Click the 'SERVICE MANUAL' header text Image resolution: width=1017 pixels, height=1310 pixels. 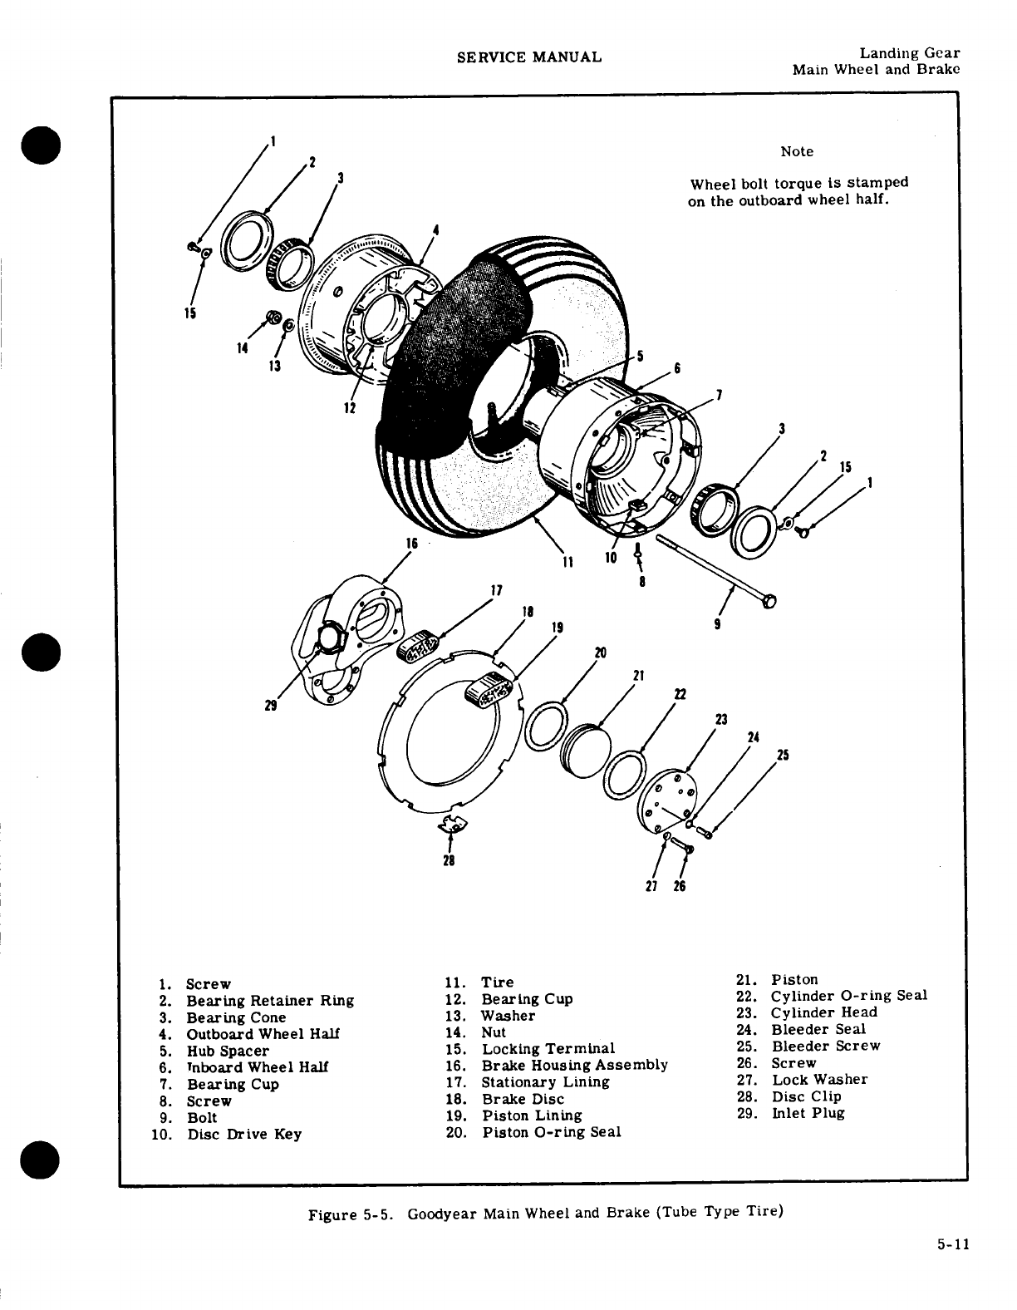[528, 57]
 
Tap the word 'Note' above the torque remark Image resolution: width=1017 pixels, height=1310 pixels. [797, 151]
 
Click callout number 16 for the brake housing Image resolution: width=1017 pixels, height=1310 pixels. [410, 543]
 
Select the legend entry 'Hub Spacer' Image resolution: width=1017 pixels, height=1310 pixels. [227, 1051]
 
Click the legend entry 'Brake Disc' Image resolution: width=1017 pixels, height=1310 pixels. [523, 1099]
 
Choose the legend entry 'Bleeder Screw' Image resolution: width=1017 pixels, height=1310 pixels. [826, 1046]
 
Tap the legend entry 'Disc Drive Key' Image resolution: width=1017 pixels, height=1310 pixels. [244, 1134]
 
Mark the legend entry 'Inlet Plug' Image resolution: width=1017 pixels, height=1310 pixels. [808, 1113]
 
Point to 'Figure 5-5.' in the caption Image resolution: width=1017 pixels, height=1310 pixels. [344, 1214]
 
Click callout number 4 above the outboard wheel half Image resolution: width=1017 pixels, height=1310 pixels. [436, 229]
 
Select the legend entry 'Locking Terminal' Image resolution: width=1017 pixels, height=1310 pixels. [548, 1048]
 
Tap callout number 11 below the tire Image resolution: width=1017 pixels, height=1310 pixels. [567, 561]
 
